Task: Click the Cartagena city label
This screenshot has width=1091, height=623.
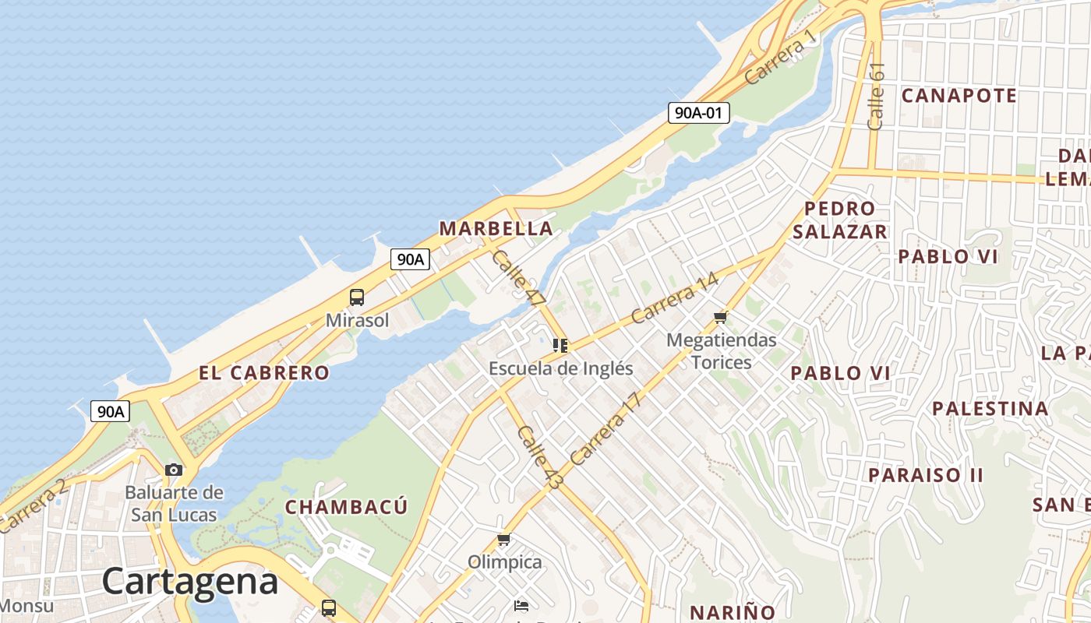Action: tap(189, 581)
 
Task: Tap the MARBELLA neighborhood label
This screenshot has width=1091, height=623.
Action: tap(496, 228)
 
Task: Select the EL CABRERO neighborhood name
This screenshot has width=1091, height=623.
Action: tap(264, 372)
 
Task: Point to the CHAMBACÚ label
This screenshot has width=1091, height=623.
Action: tap(346, 507)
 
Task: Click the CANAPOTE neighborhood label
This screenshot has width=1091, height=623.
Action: tap(959, 96)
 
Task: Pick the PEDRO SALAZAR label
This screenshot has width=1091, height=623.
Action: tap(840, 220)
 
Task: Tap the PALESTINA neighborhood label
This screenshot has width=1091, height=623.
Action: tap(990, 408)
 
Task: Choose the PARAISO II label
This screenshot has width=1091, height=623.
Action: tap(926, 474)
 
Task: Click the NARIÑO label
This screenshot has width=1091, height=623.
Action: tap(733, 611)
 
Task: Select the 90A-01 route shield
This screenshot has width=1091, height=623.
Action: tap(698, 113)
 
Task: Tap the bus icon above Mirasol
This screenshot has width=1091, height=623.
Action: tap(356, 297)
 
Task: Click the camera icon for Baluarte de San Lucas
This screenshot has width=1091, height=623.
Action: tap(174, 470)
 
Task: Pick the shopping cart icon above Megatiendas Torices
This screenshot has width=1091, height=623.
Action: tap(721, 317)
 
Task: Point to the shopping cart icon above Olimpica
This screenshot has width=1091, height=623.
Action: tap(504, 539)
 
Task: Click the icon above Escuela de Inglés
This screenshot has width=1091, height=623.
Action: tap(560, 345)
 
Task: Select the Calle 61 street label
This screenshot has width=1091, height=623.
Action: tap(876, 96)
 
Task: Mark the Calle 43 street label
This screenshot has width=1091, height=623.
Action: tap(538, 457)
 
